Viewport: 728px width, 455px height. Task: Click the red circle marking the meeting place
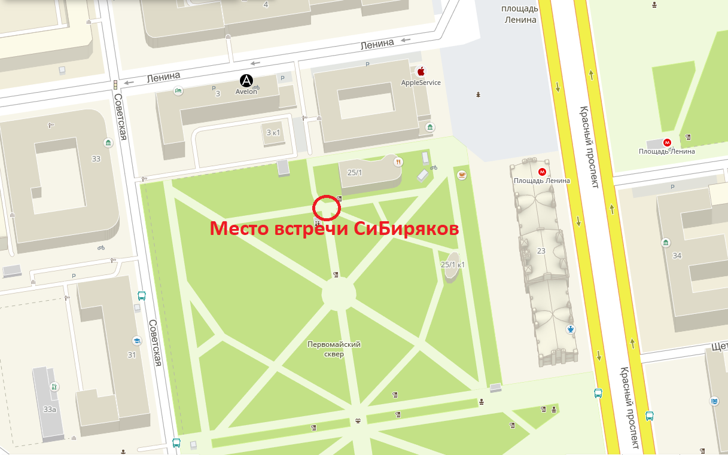(x=327, y=207)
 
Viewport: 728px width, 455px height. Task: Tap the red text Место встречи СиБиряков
(x=333, y=230)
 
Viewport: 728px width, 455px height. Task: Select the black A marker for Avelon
(x=246, y=81)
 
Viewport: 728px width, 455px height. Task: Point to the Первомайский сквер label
(x=334, y=349)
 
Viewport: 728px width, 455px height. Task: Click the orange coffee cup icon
(x=462, y=175)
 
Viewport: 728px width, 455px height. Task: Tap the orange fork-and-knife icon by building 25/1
(x=397, y=161)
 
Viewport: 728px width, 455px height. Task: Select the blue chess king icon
(x=572, y=329)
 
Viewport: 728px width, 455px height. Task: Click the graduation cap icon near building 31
(x=136, y=340)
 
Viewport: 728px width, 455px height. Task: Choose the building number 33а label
(x=50, y=410)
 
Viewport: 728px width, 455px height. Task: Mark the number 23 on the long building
(x=542, y=251)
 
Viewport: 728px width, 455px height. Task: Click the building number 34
(x=677, y=256)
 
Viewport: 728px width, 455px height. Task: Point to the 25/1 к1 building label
(x=452, y=264)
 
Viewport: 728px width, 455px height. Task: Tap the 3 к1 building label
(x=273, y=132)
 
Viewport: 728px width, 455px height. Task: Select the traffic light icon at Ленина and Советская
(x=115, y=85)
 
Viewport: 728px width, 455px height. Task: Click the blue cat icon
(x=714, y=401)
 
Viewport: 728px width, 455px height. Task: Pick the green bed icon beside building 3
(x=178, y=90)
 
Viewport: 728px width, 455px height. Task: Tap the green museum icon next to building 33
(x=108, y=143)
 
